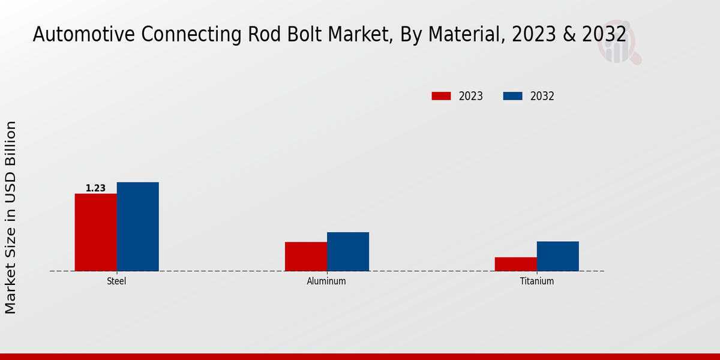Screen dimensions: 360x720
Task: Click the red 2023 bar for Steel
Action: click(96, 232)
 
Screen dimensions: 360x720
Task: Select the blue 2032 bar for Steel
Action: click(138, 226)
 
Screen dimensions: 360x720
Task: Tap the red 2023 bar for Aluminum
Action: click(306, 256)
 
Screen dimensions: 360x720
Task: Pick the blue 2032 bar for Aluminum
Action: click(348, 251)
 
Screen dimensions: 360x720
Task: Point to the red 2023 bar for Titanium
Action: click(516, 264)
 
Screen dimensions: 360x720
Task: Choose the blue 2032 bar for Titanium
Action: click(558, 256)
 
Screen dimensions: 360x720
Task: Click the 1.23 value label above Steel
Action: click(95, 188)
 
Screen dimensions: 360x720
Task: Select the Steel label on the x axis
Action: click(116, 281)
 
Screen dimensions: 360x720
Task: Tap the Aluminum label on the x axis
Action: click(326, 281)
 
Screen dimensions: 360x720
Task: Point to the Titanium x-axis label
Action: click(537, 281)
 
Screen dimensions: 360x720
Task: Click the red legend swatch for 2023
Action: click(441, 96)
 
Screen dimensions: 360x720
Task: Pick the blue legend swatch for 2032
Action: click(512, 96)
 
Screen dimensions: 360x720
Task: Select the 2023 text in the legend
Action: click(471, 96)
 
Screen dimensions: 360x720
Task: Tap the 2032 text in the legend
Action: click(542, 96)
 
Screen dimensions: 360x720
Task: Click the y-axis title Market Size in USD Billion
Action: click(11, 217)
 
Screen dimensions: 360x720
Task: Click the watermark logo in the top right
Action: click(619, 45)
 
